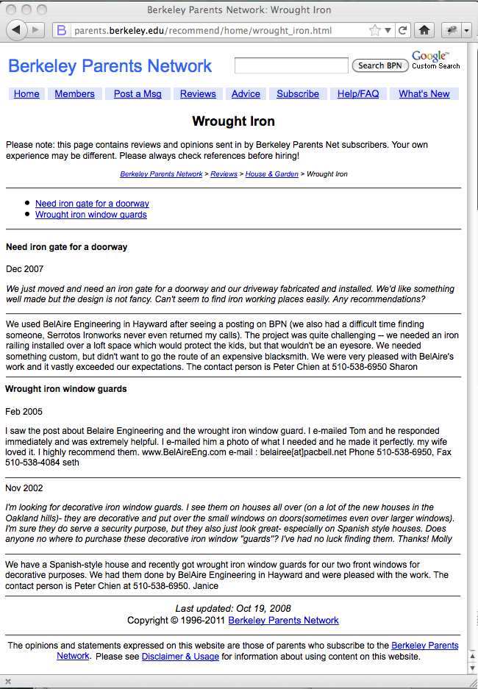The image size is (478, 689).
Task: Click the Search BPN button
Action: (380, 65)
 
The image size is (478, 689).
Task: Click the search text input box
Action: (291, 66)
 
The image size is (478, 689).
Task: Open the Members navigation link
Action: (74, 94)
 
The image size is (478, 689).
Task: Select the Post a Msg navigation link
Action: (138, 94)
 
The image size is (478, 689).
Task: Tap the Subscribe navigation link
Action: (298, 94)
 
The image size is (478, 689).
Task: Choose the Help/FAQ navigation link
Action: (358, 94)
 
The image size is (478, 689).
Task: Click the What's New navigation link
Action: (424, 94)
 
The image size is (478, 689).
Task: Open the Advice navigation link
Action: (246, 94)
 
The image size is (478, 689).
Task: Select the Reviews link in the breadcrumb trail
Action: (224, 174)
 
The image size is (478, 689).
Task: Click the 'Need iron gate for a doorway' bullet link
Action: (92, 204)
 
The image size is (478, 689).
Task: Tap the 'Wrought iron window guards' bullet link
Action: (91, 215)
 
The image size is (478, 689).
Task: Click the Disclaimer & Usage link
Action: (180, 657)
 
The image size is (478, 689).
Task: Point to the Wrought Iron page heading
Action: (234, 121)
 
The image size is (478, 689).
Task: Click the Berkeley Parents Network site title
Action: (110, 66)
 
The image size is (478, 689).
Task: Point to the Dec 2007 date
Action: (24, 269)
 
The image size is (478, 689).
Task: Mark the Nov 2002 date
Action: (24, 488)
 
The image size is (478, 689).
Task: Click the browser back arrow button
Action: (17, 30)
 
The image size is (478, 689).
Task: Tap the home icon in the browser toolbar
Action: (424, 30)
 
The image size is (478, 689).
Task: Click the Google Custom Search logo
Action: (435, 60)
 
